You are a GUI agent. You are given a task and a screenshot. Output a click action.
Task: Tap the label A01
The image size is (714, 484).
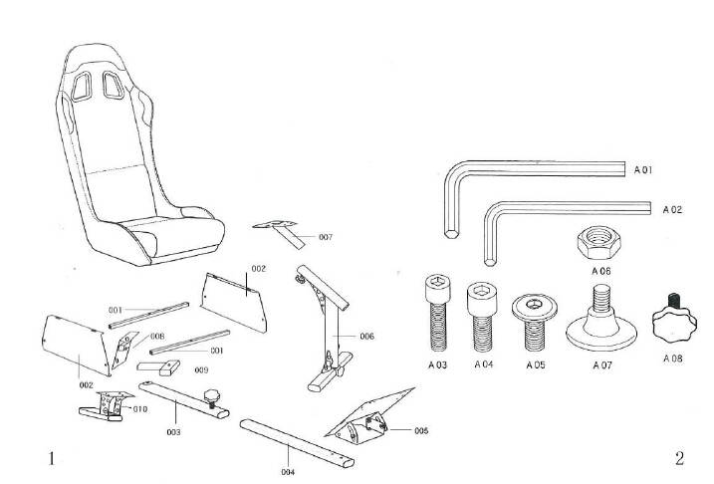643,170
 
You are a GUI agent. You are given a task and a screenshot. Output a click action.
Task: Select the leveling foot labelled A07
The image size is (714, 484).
600,320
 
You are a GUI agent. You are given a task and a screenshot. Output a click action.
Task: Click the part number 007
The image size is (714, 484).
326,237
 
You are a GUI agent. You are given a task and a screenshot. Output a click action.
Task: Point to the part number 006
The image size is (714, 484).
367,337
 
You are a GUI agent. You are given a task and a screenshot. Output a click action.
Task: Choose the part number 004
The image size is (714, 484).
288,471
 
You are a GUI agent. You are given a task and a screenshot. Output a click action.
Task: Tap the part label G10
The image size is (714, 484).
140,408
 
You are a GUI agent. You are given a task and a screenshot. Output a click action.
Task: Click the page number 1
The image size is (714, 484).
50,459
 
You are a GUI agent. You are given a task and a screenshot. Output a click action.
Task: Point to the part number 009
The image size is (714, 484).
201,369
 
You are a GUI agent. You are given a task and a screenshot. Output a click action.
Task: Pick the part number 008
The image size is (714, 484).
157,337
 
